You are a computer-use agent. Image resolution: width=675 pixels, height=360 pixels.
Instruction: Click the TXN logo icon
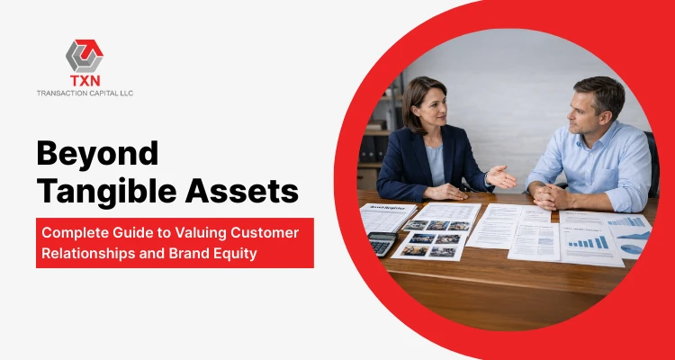[85, 55]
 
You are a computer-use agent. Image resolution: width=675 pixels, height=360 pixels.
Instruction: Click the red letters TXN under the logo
[85, 80]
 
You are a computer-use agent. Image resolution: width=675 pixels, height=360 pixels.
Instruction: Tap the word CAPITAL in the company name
[96, 92]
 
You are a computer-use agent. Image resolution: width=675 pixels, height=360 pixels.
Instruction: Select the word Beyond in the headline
[97, 155]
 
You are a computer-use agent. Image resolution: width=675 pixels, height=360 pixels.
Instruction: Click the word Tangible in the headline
[102, 192]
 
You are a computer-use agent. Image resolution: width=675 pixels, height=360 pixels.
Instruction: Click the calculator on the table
[382, 243]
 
